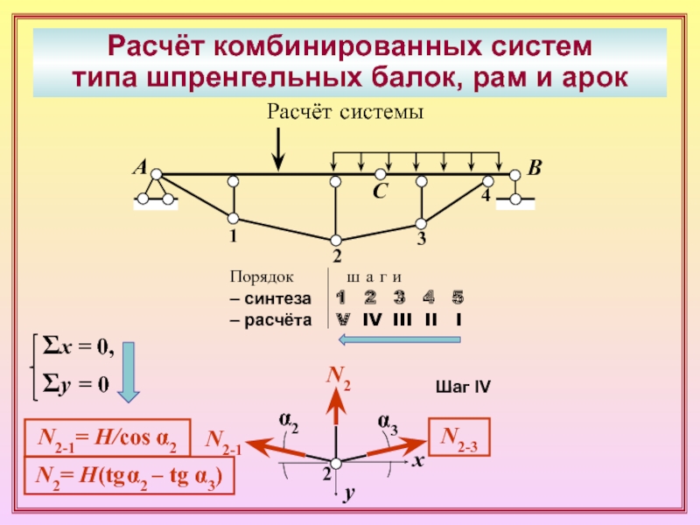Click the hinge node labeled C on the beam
pos(380,173)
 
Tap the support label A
pos(141,167)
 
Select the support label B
pos(535,168)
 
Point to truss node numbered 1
pos(233,218)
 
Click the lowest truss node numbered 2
pos(336,240)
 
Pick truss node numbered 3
pos(421,223)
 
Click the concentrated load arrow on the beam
pos(278,149)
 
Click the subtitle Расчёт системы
pos(345,111)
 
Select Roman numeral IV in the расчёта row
pos(372,319)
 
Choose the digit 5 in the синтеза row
pos(458,297)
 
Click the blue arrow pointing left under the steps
pos(400,339)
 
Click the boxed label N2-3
pos(459,437)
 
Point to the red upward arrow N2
pos(336,405)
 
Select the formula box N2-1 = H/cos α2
pos(108,437)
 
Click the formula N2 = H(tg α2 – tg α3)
pos(129,476)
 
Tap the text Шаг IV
pos(463,387)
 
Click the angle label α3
pos(388,423)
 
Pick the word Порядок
pos(262,276)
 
